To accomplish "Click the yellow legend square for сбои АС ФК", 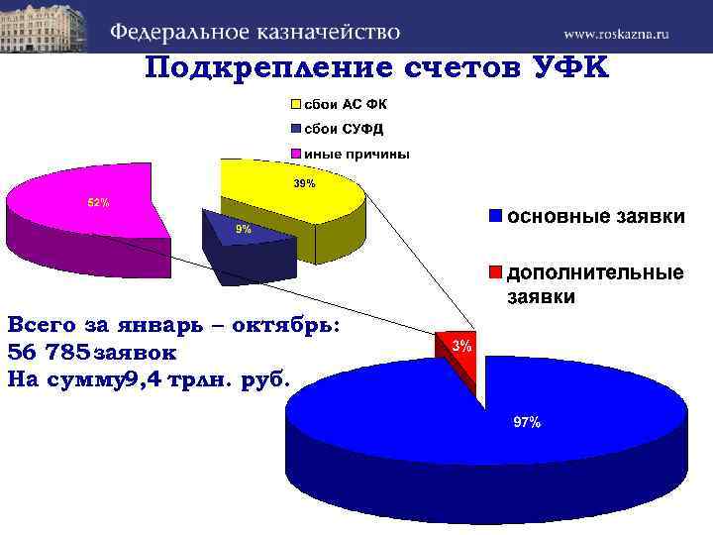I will point(296,104).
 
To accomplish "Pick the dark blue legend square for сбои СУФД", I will point(296,129).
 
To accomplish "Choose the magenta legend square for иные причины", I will point(296,154).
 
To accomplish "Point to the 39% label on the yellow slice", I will point(304,184).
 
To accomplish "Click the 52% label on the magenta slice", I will point(99,203).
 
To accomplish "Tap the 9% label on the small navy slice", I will point(243,229).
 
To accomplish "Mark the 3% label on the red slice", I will point(462,346).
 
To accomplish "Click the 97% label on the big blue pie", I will point(526,423).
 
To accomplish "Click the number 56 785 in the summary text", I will point(48,352).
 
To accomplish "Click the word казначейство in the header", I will point(327,31).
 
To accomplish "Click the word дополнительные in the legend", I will point(595,272).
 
